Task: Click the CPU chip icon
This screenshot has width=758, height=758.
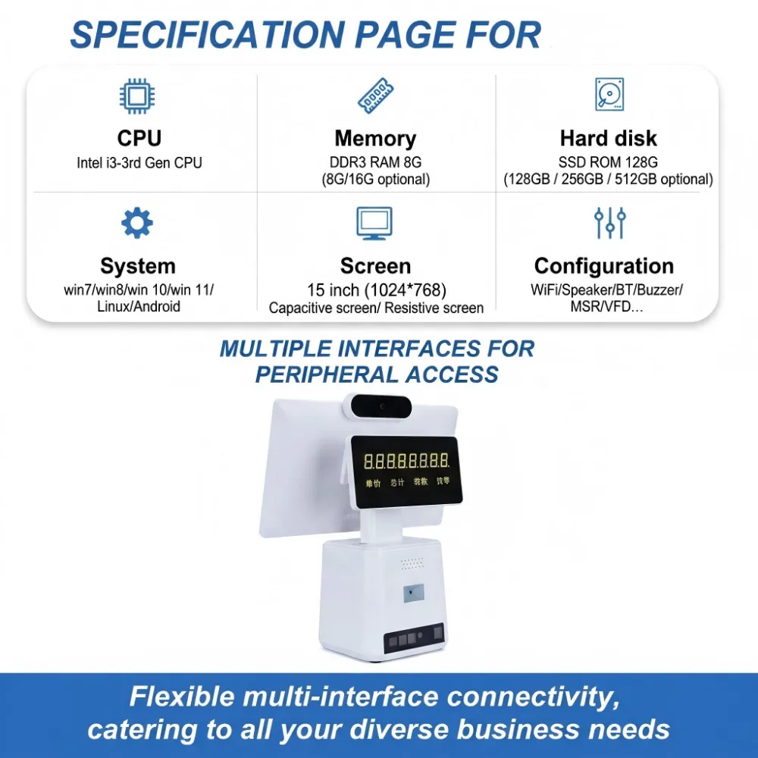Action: coord(137,96)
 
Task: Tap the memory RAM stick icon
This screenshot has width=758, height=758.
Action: coord(376,96)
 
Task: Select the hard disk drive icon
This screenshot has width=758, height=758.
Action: coord(609,94)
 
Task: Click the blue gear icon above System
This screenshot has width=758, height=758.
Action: coord(136,223)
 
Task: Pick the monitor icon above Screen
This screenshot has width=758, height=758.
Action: coord(374,224)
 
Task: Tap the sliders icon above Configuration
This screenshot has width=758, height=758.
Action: coord(609,223)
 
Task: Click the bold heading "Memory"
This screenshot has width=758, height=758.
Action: coord(375,138)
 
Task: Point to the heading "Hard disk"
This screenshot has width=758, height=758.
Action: coord(608,138)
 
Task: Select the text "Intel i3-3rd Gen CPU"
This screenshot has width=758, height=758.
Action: coord(139,163)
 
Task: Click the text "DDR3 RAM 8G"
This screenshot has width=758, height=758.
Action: coord(375,162)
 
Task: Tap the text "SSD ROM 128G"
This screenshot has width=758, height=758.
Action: coord(608,162)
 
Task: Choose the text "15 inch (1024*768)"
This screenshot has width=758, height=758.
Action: coord(377,290)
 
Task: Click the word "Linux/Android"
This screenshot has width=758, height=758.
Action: coord(139,306)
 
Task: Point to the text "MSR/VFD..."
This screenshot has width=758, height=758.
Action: coord(606,306)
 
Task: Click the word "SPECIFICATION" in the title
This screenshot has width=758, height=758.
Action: coord(208,35)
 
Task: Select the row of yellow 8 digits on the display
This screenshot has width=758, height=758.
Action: coord(406,461)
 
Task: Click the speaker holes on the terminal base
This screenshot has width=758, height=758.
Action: coord(412,563)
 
